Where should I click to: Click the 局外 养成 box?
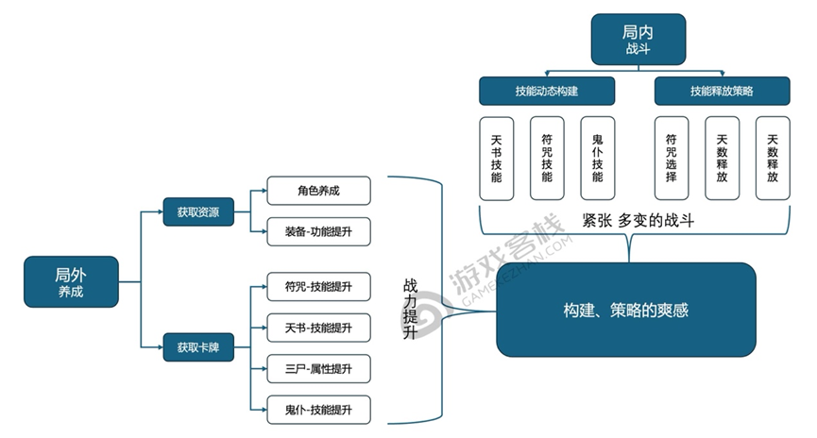pyautogui.click(x=72, y=281)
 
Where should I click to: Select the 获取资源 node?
pyautogui.click(x=197, y=211)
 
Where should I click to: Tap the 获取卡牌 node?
pyautogui.click(x=197, y=346)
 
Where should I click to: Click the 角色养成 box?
pyautogui.click(x=318, y=191)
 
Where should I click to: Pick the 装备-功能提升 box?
pyautogui.click(x=318, y=230)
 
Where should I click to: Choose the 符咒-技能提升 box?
pyautogui.click(x=318, y=286)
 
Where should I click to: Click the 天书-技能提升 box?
pyautogui.click(x=318, y=327)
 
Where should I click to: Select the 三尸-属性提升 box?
pyautogui.click(x=318, y=368)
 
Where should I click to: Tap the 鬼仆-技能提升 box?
pyautogui.click(x=318, y=409)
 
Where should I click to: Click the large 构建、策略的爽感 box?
pyautogui.click(x=626, y=310)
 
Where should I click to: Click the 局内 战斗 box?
pyautogui.click(x=638, y=39)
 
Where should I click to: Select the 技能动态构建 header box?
pyautogui.click(x=547, y=91)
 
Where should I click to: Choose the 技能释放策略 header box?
pyautogui.click(x=722, y=91)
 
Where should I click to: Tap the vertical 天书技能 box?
pyautogui.click(x=497, y=158)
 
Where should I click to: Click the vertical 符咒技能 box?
pyautogui.click(x=547, y=158)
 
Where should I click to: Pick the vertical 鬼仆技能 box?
pyautogui.click(x=597, y=158)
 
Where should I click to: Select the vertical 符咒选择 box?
pyautogui.click(x=672, y=158)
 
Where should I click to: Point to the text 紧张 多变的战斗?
pyautogui.click(x=638, y=222)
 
